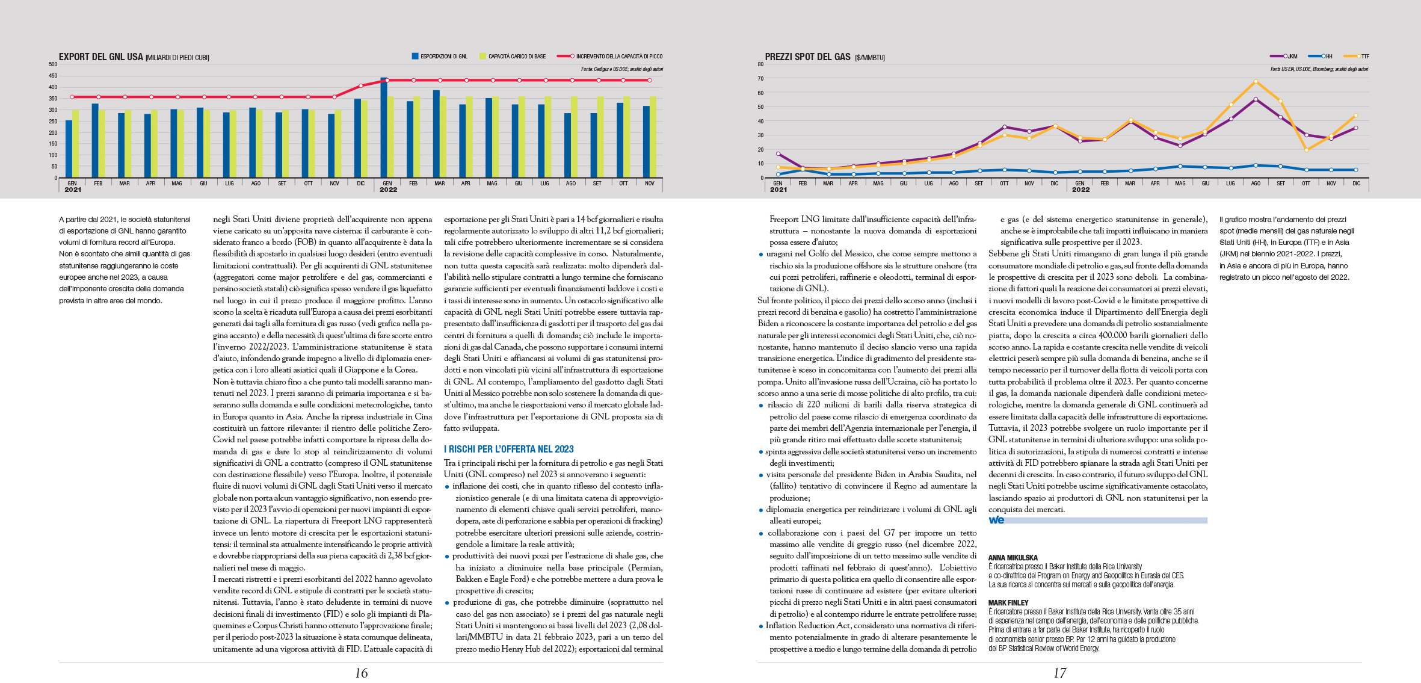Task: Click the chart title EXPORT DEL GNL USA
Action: tap(101, 57)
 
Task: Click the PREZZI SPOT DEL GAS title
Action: tap(807, 57)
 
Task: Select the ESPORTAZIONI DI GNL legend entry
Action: tap(440, 57)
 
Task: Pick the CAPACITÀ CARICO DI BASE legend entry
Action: tap(513, 57)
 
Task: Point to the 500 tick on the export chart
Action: tap(53, 64)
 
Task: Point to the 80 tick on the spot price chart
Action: tap(760, 64)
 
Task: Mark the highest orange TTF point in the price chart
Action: tap(1256, 82)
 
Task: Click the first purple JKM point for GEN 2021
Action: tap(778, 154)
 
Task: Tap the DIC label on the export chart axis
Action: tap(361, 184)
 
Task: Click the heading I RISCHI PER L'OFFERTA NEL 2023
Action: tap(508, 450)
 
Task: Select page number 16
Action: tap(361, 673)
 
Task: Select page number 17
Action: tap(1059, 673)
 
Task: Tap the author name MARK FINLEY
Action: tap(1008, 603)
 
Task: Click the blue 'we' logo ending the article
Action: tap(996, 520)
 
